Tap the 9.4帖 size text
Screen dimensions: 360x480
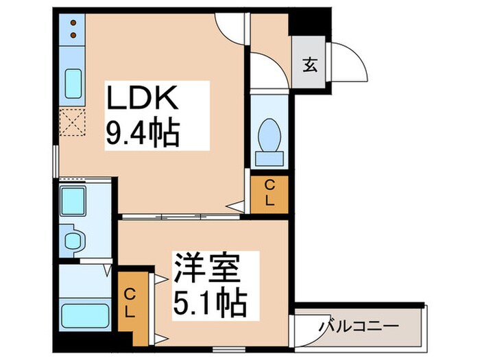click(142, 132)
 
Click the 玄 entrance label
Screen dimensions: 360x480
click(310, 66)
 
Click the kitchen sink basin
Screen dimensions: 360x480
click(73, 84)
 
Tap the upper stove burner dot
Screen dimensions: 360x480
click(73, 23)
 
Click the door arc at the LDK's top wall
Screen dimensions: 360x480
click(230, 26)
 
